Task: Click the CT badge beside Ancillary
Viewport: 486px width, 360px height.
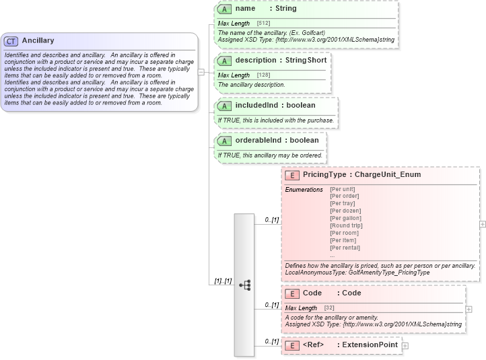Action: [x=11, y=41]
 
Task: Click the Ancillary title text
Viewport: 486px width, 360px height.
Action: [x=38, y=41]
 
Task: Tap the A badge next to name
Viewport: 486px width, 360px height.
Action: [x=225, y=9]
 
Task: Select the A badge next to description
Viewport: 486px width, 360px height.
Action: [x=225, y=61]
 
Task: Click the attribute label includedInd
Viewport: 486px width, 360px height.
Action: [x=259, y=106]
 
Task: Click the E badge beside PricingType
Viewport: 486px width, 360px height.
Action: [x=292, y=175]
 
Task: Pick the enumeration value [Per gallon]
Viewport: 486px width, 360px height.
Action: [x=345, y=218]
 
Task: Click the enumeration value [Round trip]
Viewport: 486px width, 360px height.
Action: [x=346, y=225]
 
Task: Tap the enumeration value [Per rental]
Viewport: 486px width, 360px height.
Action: [x=345, y=248]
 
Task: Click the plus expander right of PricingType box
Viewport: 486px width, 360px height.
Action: [x=482, y=224]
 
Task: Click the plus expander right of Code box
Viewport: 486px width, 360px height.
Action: [x=469, y=310]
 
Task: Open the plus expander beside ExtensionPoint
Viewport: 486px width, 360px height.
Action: [x=405, y=346]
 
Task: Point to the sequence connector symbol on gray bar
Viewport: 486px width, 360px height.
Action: [x=244, y=285]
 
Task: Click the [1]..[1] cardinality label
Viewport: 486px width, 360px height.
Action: [x=223, y=281]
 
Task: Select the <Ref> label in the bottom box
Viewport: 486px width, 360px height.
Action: [x=314, y=345]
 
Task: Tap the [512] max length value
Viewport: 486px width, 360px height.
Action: [x=263, y=24]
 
